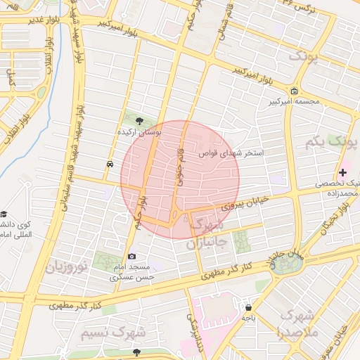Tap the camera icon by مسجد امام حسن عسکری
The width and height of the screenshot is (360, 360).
tap(132, 257)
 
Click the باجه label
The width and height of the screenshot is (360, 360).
tap(248, 318)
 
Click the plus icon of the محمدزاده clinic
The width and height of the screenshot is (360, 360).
tap(342, 172)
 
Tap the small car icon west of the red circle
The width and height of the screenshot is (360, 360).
tap(110, 164)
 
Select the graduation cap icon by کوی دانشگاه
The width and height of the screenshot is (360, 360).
tap(4, 214)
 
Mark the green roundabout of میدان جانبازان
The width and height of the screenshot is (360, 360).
tap(286, 264)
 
